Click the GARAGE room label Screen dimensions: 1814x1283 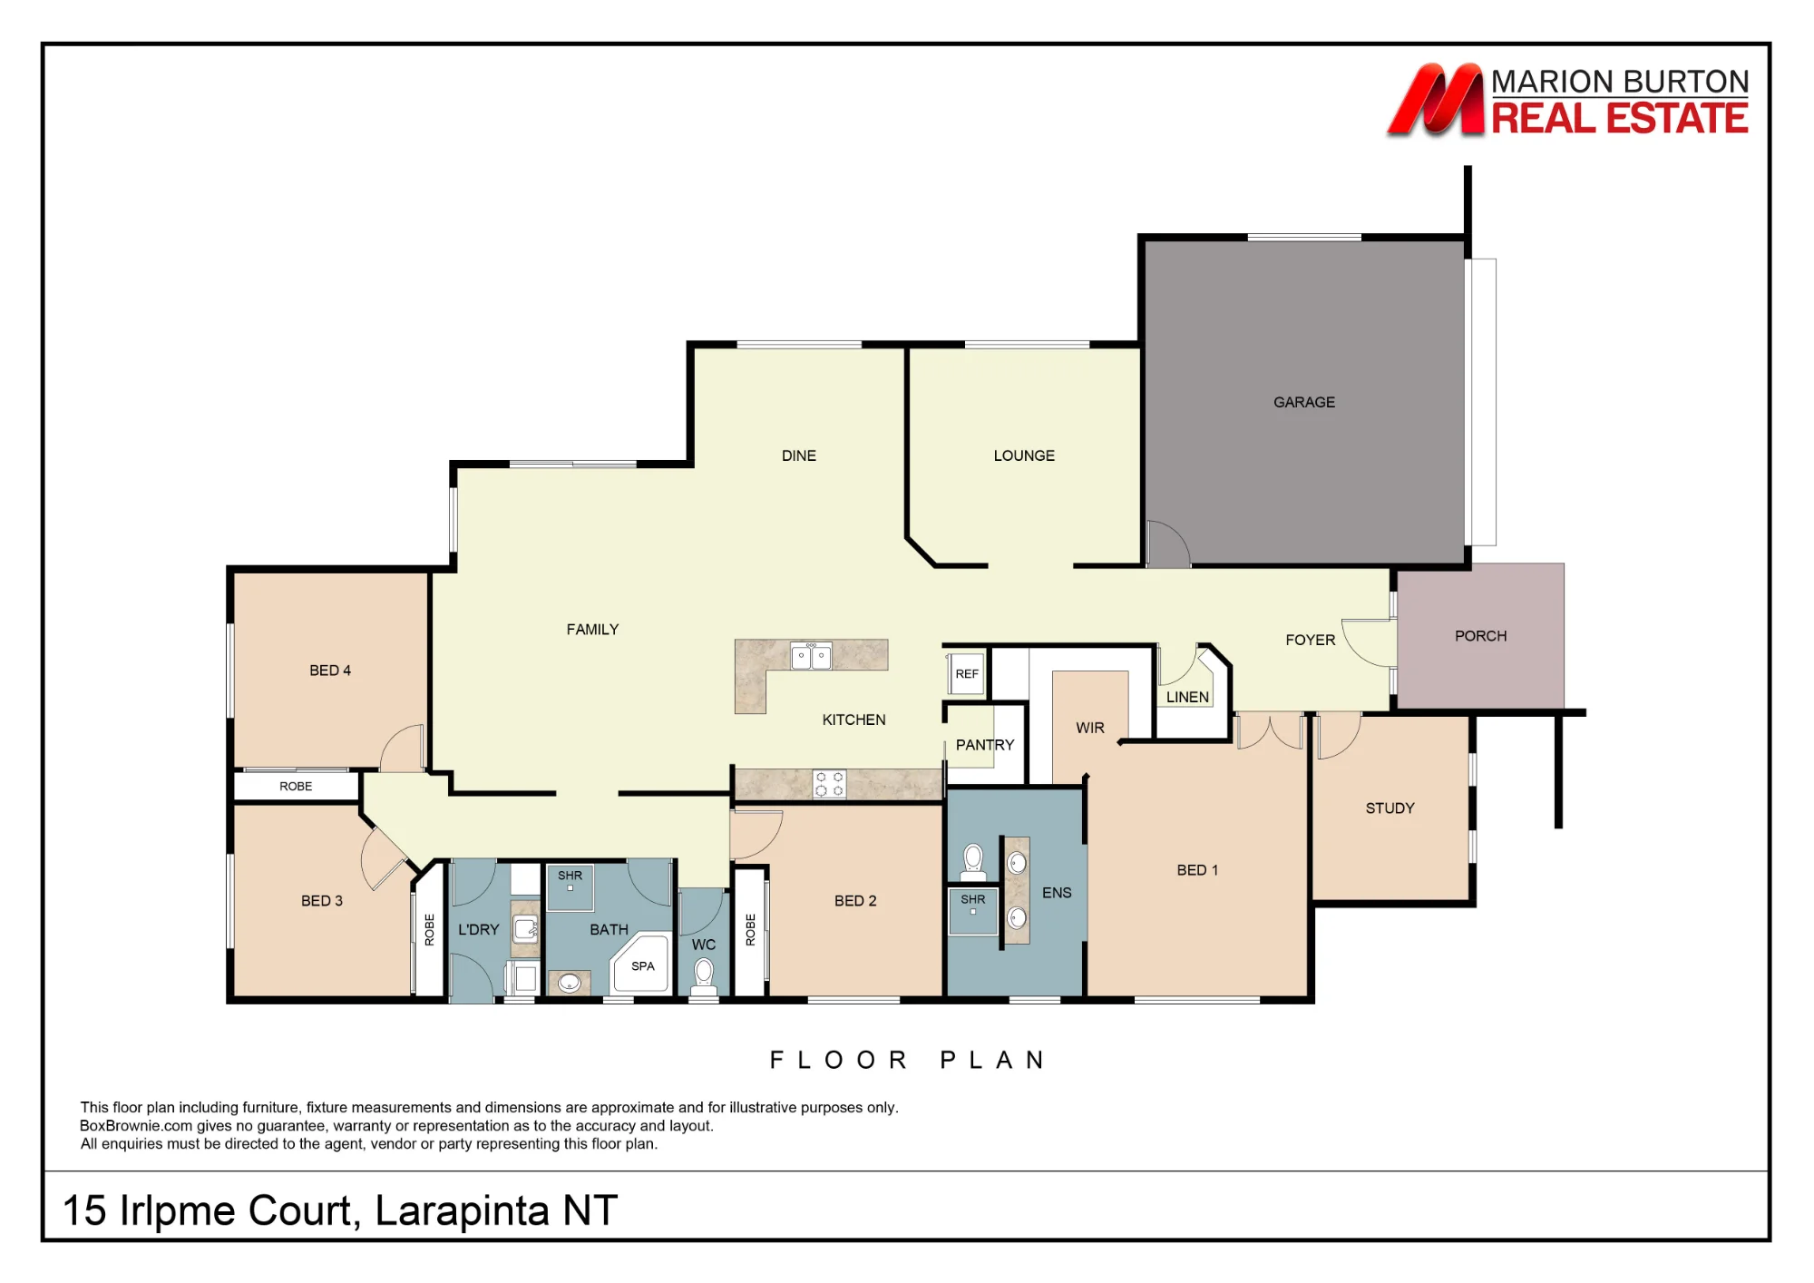1303,402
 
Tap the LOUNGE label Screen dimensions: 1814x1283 1024,455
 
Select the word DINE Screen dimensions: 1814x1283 799,455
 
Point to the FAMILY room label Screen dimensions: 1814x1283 592,629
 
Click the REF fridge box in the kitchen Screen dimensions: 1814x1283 967,674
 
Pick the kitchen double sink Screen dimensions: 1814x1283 811,655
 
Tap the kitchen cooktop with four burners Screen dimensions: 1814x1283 829,784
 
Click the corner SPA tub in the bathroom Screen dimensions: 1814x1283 642,964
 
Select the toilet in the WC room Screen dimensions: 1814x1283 704,976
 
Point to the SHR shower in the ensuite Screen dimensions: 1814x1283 973,911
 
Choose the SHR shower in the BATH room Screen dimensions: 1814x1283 571,886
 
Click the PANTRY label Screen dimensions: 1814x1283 985,745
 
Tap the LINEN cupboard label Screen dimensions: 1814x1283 1187,697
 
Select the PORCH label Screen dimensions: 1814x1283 1480,636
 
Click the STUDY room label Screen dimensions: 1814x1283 1390,808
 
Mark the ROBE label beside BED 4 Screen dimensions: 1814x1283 296,786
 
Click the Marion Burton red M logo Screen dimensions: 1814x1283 1436,99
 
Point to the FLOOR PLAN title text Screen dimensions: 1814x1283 908,1060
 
